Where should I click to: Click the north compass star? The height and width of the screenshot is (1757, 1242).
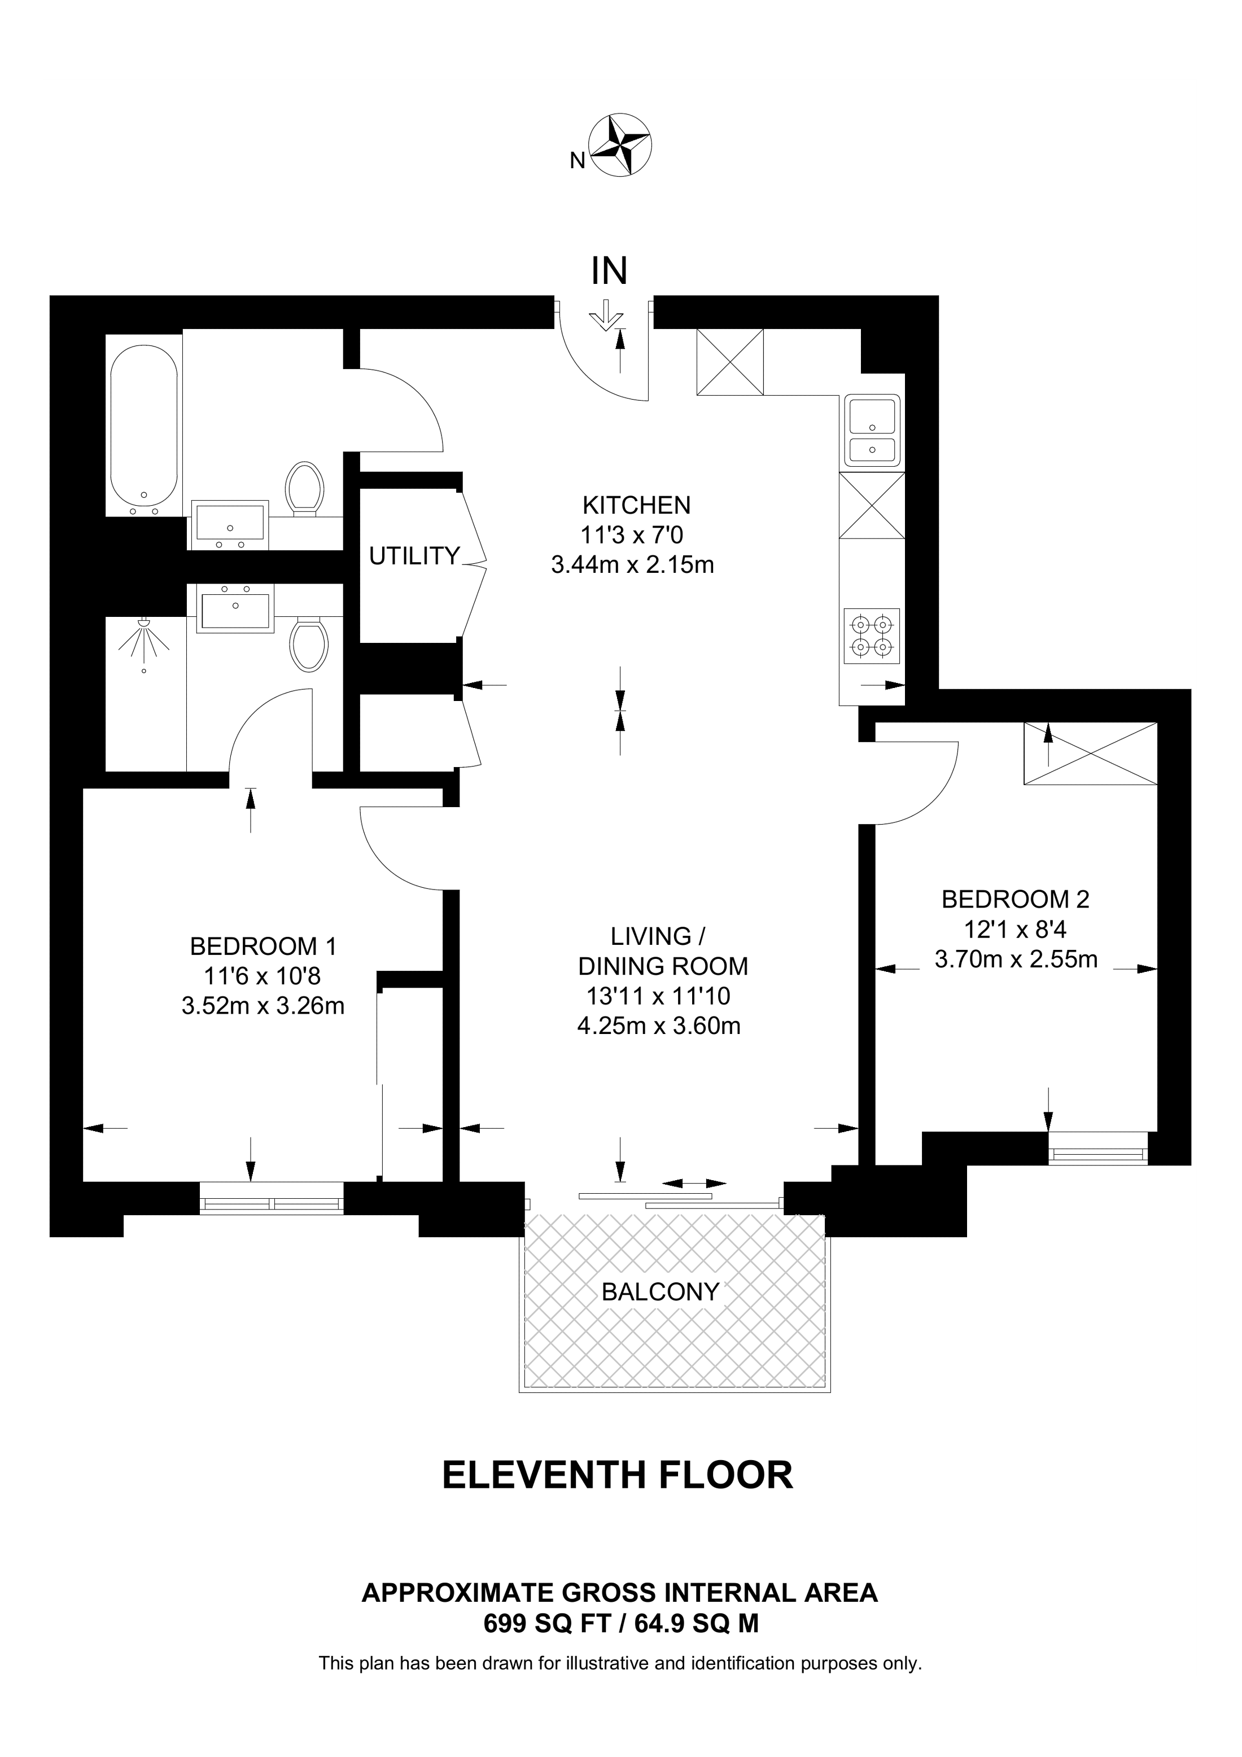pyautogui.click(x=620, y=144)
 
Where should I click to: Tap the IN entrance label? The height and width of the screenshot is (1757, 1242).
pyautogui.click(x=609, y=270)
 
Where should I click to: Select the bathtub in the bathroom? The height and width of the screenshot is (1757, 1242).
pyautogui.click(x=144, y=430)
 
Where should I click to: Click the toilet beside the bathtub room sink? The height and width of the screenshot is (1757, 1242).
pyautogui.click(x=304, y=487)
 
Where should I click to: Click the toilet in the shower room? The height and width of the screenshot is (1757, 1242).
pyautogui.click(x=309, y=645)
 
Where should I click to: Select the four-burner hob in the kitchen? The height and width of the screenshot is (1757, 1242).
pyautogui.click(x=872, y=636)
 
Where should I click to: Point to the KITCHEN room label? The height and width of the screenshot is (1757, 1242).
pyautogui.click(x=637, y=505)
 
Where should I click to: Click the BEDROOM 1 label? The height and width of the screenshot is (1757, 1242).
pyautogui.click(x=263, y=947)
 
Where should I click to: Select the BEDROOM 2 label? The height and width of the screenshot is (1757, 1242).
pyautogui.click(x=1016, y=899)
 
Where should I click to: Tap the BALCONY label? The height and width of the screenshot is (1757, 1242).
pyautogui.click(x=661, y=1292)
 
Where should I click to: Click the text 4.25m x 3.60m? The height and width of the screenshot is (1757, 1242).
pyautogui.click(x=659, y=1026)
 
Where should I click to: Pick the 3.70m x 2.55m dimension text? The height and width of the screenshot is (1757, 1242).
pyautogui.click(x=1016, y=959)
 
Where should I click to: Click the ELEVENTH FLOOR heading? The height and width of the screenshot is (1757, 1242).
pyautogui.click(x=618, y=1475)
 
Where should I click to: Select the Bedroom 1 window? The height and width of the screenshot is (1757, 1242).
pyautogui.click(x=272, y=1198)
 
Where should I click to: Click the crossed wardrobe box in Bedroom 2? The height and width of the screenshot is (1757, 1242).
pyautogui.click(x=1091, y=753)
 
